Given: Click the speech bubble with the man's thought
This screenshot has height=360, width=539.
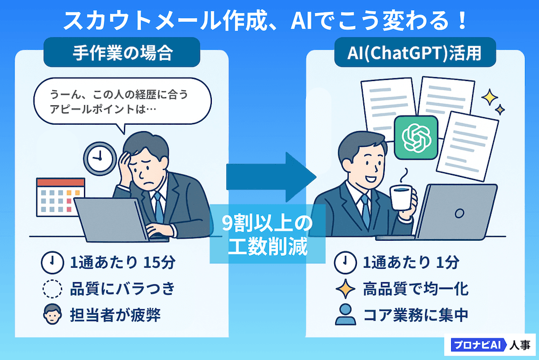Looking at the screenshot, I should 122,102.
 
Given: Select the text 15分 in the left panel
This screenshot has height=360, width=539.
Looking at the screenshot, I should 158,263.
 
